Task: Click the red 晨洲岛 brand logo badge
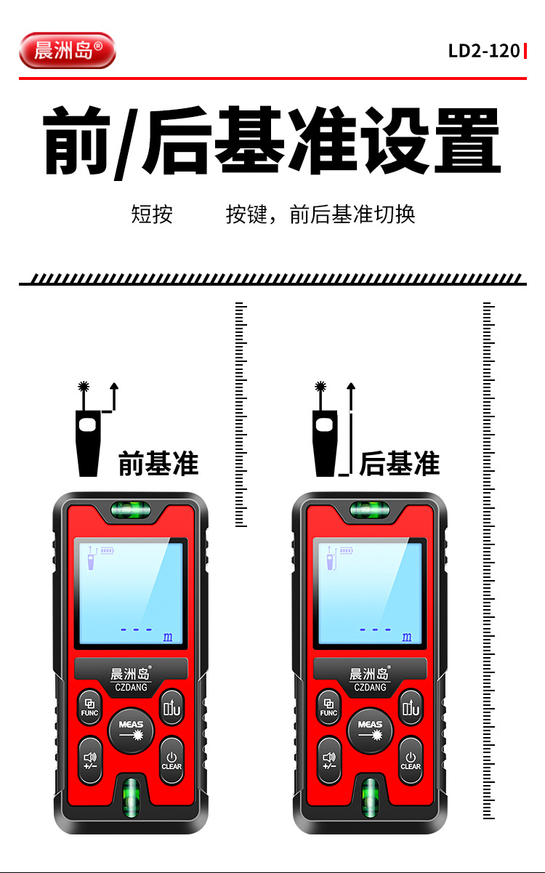68,51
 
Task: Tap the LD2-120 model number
484,51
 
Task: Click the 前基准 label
158,463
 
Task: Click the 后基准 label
400,463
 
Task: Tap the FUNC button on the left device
89,707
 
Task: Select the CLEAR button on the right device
411,760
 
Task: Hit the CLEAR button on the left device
171,760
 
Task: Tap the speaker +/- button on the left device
90,760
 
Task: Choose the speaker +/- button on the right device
329,760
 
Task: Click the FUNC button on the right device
328,707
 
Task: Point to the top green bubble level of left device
131,510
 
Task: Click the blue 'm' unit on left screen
168,637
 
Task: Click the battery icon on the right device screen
346,550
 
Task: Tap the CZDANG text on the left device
131,687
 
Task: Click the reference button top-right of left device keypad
171,707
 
